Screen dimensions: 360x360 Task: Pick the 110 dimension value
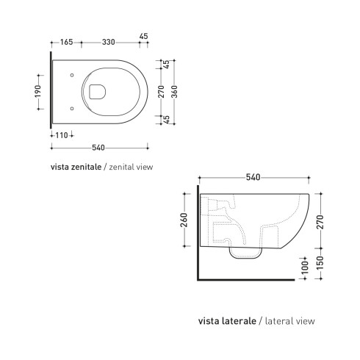[58, 136]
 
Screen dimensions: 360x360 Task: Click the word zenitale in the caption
[84, 167]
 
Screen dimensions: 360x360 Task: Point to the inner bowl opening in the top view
[96, 92]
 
